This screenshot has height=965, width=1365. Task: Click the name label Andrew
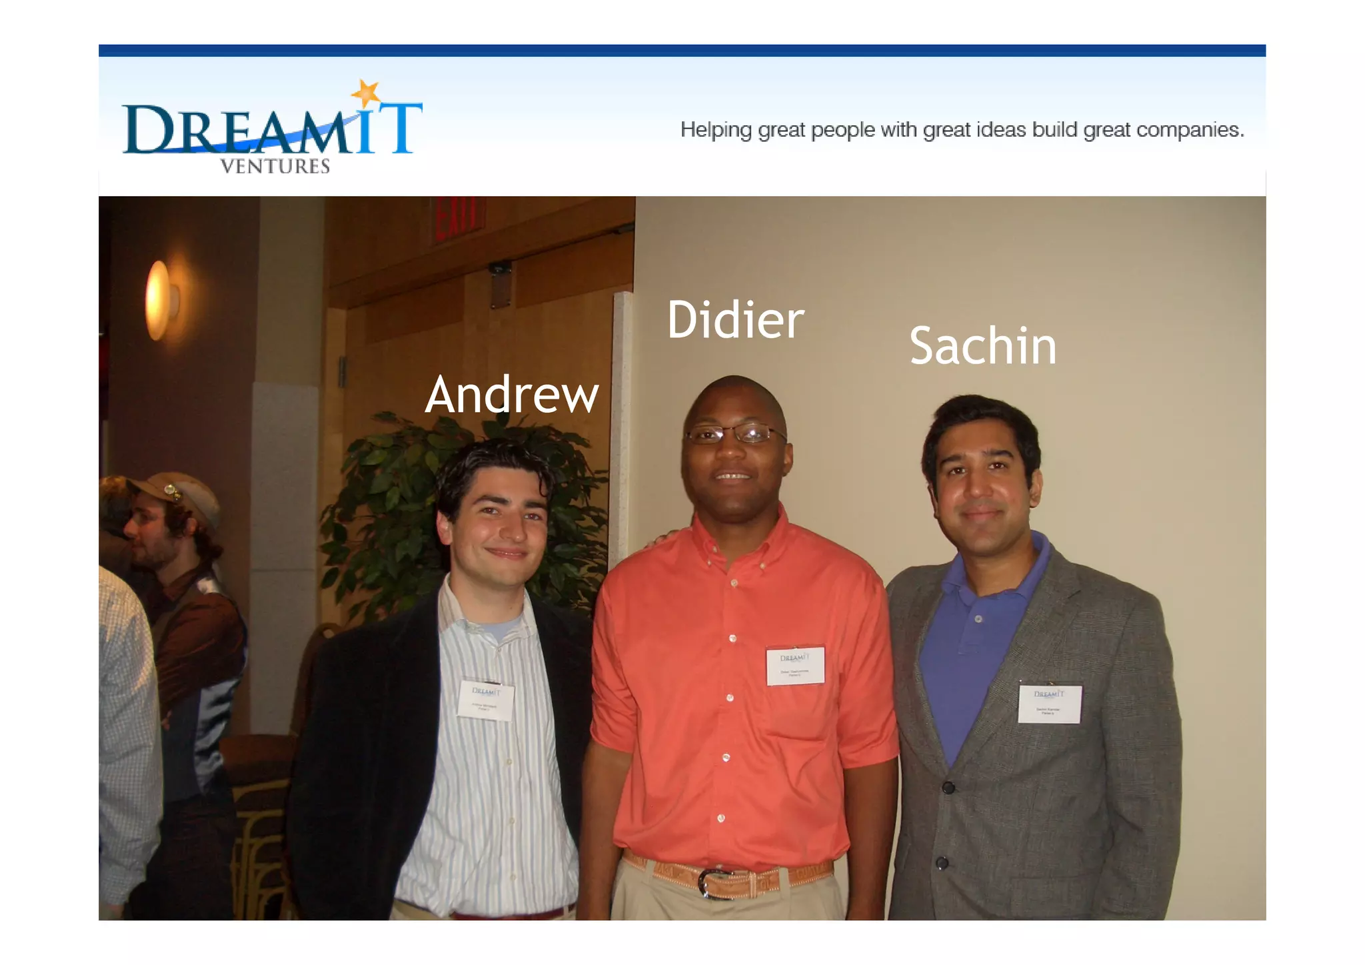(512, 395)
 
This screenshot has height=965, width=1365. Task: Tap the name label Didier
(736, 319)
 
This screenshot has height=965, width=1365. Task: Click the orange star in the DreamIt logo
(367, 93)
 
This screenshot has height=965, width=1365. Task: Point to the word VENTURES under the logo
(275, 166)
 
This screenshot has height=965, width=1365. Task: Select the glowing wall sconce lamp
(159, 300)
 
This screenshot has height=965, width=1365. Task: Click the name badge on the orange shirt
(795, 666)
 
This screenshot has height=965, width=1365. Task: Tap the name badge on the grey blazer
(1049, 704)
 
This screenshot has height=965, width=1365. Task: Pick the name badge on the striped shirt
(486, 700)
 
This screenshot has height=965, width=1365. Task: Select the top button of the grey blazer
(948, 788)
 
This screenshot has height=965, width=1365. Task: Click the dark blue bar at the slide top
(682, 51)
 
